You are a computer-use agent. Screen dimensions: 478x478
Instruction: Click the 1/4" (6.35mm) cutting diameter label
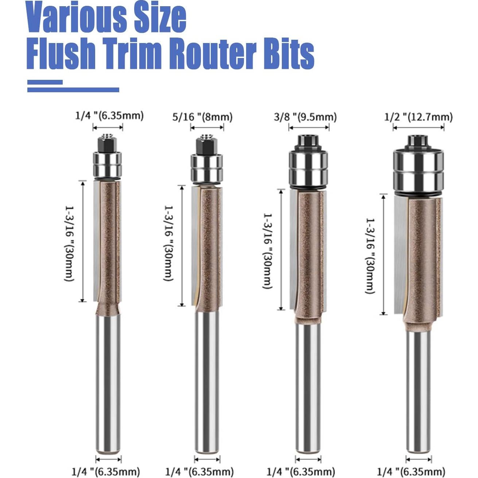[x=109, y=116]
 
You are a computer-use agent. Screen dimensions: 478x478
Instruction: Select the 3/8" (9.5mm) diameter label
[x=305, y=117]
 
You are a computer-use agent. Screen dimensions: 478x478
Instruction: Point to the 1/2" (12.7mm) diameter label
[x=418, y=117]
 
